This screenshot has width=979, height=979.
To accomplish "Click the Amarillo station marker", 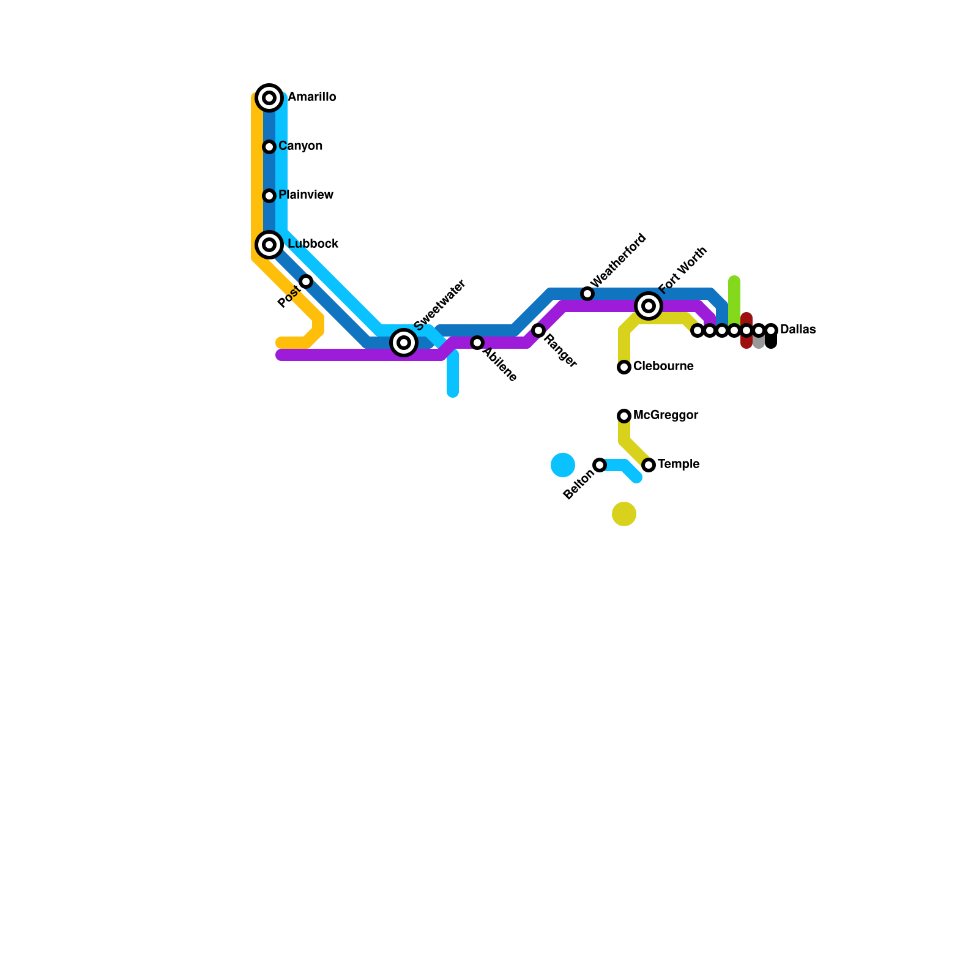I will click(269, 98).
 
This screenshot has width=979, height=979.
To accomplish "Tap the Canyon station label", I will click(300, 146).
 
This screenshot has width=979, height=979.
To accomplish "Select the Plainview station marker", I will click(269, 196).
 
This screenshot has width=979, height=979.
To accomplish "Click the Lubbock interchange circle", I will click(269, 245).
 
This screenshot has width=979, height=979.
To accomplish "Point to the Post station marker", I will click(306, 281).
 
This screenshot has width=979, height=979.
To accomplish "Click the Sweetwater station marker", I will click(404, 343).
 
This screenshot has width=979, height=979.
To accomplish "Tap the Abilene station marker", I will click(477, 343).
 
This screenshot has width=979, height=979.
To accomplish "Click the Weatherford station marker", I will click(587, 294).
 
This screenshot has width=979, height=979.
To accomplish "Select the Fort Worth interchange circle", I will click(649, 306).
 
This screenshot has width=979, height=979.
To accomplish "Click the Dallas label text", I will click(798, 330).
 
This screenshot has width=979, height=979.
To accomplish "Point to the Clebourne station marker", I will click(624, 367).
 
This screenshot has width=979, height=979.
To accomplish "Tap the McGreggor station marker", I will click(624, 416).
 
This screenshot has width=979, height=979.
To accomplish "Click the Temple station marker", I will click(649, 465).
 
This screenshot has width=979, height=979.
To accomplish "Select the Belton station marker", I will click(600, 465).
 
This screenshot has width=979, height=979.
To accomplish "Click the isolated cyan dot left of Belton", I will click(563, 465).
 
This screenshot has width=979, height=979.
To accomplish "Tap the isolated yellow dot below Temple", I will click(624, 514).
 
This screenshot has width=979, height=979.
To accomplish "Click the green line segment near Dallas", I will click(734, 300).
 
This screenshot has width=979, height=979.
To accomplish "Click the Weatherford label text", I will click(619, 259).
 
